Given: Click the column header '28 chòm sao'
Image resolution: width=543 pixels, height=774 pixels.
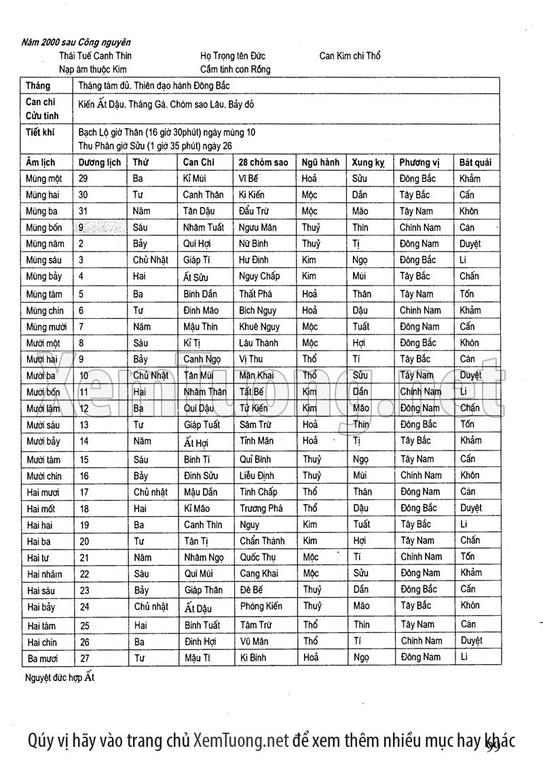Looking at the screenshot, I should tap(263, 163).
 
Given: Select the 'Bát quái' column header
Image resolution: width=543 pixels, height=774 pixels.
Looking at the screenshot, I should tap(475, 163).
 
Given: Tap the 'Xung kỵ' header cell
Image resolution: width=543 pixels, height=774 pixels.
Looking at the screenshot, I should tap(369, 163).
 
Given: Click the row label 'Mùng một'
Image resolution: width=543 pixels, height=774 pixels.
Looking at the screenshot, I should tap(43, 179).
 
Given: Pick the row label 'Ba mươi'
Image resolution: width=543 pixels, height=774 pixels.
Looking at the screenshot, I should tap(43, 658).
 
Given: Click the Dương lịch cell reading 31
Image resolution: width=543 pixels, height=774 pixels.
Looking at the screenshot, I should tap(84, 211).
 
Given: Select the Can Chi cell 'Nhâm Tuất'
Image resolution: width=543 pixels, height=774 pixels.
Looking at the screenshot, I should tap(203, 228).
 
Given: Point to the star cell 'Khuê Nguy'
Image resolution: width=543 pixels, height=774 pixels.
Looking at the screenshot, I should tap(259, 327).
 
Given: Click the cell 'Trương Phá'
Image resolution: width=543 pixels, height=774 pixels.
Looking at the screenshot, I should tap(261, 508).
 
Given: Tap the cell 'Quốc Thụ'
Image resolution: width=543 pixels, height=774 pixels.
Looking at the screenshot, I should tap(259, 558).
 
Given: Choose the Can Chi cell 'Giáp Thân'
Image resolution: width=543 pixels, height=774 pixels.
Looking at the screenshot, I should tap(203, 590).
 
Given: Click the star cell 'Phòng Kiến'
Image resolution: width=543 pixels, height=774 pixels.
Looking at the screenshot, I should tap(261, 606).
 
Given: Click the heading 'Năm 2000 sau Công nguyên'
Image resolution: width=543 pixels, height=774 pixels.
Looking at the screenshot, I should tap(76, 42).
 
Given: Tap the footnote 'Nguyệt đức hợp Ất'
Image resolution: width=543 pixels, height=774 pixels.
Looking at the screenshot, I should tap(60, 678).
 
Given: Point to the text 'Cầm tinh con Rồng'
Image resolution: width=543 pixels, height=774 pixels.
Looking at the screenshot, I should tap(236, 69).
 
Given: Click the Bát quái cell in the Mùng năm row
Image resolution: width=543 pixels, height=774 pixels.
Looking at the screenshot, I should tap(470, 244).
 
